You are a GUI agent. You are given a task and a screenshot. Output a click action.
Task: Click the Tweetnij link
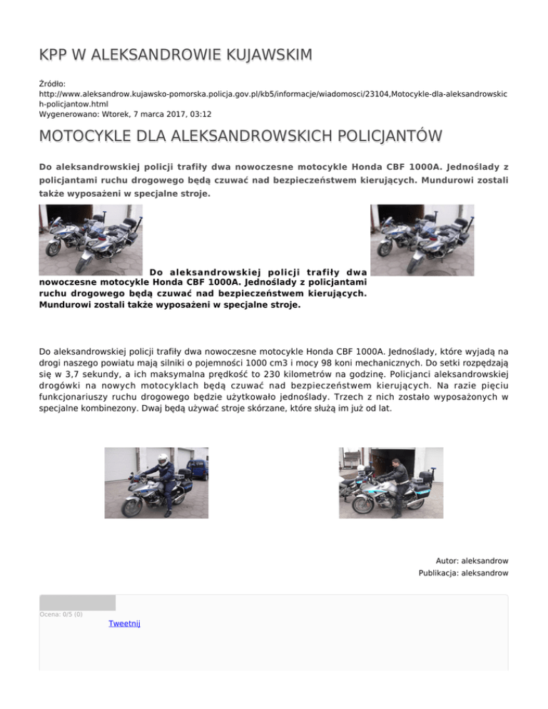tap(124, 623)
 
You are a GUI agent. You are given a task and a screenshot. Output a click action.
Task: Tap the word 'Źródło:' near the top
tap(51, 83)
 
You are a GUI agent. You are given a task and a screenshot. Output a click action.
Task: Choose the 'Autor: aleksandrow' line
tap(472, 561)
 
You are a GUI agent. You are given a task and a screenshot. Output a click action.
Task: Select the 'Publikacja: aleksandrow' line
tap(463, 573)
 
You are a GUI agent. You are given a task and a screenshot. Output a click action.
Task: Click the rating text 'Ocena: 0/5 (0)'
tap(61, 614)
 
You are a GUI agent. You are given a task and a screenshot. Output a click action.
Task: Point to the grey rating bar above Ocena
tap(77, 603)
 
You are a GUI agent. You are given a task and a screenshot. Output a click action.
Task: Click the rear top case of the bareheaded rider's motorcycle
tap(427, 476)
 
